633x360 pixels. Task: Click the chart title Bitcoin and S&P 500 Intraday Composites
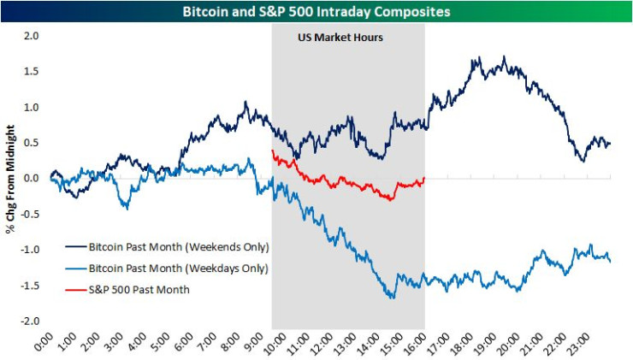click(x=316, y=11)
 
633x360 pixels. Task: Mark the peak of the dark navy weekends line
click(x=505, y=58)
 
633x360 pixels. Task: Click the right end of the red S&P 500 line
click(x=424, y=178)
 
